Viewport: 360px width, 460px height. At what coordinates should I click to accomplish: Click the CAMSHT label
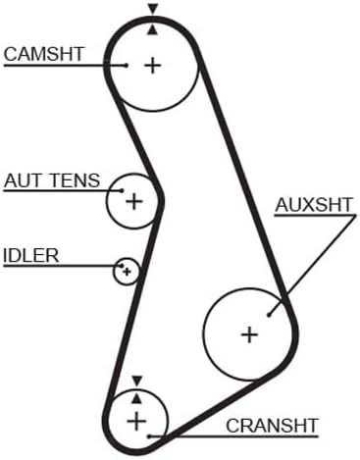tap(44, 54)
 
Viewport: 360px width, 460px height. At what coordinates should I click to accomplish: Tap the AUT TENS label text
tap(52, 180)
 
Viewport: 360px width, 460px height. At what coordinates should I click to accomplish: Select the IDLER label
tap(31, 256)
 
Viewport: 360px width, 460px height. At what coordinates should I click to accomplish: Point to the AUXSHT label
tap(314, 205)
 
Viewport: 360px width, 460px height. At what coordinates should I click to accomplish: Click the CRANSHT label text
tap(272, 426)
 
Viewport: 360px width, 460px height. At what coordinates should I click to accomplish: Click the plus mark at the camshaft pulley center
tap(153, 65)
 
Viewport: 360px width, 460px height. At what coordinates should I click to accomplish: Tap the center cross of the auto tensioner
tap(134, 201)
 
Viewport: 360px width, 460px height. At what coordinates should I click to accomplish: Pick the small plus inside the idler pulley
tap(128, 272)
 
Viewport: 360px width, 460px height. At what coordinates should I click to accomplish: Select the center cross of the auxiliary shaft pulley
tap(249, 334)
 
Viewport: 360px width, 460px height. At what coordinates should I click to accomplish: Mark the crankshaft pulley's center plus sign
tap(136, 422)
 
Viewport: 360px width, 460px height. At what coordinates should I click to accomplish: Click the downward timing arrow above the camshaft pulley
tap(152, 9)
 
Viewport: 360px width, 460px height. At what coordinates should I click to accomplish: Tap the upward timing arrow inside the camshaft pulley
tap(152, 30)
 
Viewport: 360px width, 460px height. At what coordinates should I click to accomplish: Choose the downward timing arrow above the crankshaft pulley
tap(137, 381)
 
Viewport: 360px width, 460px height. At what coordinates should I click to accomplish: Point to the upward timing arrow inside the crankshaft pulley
tap(137, 398)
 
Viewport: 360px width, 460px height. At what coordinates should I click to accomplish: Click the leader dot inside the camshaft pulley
tap(127, 65)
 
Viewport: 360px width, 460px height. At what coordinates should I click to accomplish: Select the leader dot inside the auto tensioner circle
tap(123, 190)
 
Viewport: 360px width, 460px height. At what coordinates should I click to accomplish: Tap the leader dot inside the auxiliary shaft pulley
tap(269, 315)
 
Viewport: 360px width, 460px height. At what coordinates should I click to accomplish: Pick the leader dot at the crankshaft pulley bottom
tap(149, 436)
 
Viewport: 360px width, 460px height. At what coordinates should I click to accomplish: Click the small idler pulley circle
tap(113, 272)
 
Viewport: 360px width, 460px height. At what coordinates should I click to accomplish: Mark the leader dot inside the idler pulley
tap(123, 266)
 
